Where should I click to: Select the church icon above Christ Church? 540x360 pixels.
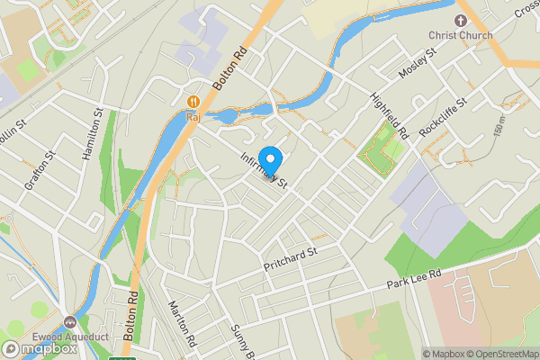point(461,19)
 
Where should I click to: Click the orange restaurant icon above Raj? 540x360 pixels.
point(193,101)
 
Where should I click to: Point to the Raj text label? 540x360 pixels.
point(193,116)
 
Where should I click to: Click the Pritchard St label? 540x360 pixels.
point(291,262)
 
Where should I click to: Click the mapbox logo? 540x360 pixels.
point(39,349)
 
